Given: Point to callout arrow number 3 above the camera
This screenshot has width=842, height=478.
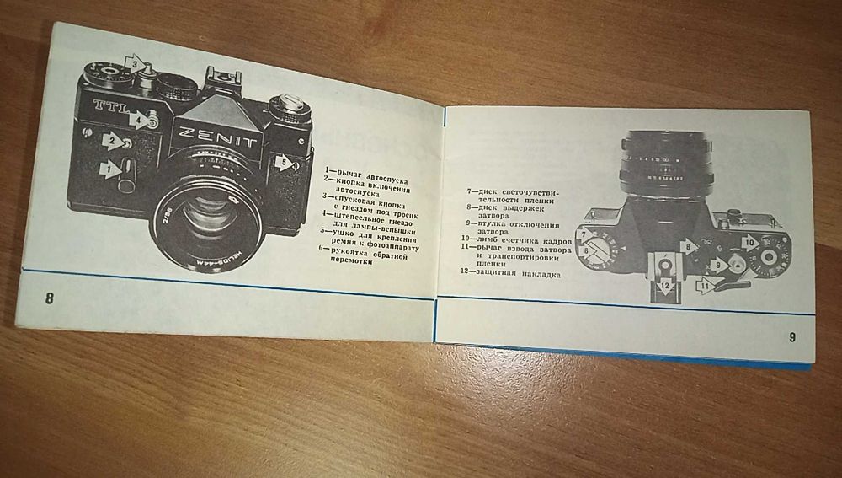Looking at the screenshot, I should (x=133, y=62).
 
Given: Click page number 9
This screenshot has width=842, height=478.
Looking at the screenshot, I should (x=791, y=337).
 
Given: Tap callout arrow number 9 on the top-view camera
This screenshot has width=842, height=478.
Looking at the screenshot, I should (x=717, y=264).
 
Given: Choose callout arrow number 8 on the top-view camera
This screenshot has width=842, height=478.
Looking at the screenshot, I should (x=689, y=247).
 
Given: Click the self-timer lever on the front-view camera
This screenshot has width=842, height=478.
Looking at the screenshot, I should (x=126, y=178).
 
